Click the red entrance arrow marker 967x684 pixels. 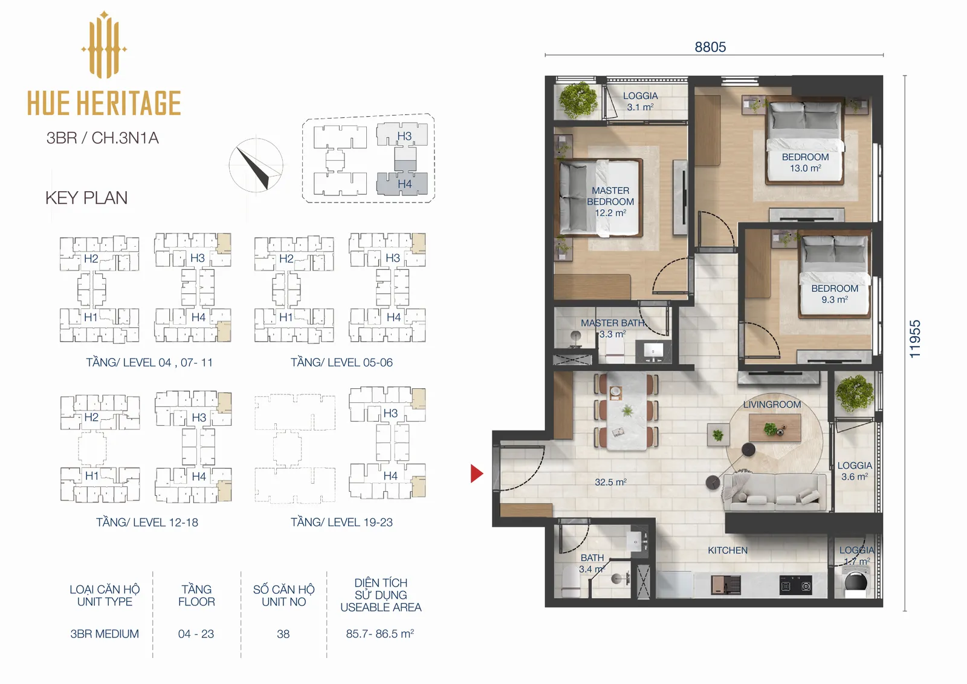click(476, 474)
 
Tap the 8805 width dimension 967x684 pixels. click(710, 47)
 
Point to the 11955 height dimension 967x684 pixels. click(915, 339)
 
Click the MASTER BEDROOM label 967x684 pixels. click(610, 196)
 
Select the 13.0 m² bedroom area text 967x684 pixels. click(806, 168)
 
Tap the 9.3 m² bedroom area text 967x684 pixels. click(835, 299)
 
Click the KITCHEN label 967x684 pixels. click(728, 550)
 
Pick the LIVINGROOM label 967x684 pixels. click(772, 405)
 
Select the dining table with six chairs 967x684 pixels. click(627, 411)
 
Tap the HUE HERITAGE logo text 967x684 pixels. click(104, 103)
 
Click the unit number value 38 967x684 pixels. click(283, 634)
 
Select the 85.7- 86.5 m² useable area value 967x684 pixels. click(380, 633)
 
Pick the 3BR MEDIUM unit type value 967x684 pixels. click(105, 634)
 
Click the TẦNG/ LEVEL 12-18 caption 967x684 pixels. click(147, 522)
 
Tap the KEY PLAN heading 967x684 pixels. click(86, 198)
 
